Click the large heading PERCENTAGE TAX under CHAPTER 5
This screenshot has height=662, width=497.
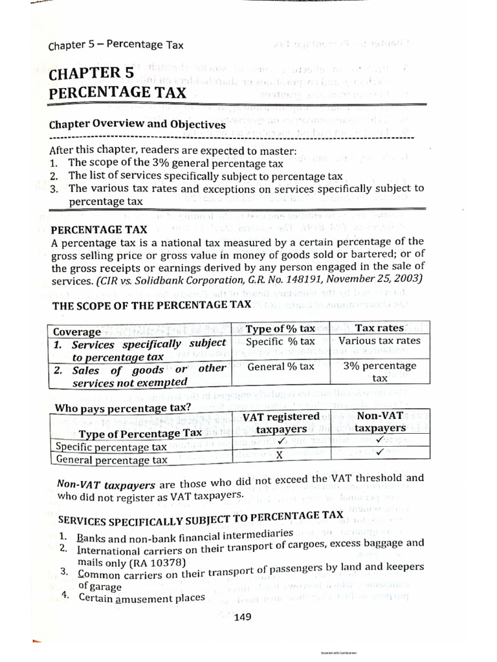point(117,92)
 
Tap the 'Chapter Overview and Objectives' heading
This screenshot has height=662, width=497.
point(137,124)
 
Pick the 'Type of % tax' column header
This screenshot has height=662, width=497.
point(280,329)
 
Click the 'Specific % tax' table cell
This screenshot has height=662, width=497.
point(280,341)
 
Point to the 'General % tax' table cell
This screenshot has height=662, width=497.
point(280,367)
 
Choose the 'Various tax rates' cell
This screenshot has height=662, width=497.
point(379,341)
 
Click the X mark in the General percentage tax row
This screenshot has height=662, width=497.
point(280,454)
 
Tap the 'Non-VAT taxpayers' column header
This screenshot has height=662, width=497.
point(379,422)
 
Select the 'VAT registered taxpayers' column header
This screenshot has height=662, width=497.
point(281,423)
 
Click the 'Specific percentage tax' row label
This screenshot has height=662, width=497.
point(111,446)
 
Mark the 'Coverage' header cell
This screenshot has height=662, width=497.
point(77,332)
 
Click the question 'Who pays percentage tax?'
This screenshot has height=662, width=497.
point(122,408)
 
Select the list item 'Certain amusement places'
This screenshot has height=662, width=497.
point(142,597)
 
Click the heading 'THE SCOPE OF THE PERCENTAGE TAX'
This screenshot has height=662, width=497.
point(151,305)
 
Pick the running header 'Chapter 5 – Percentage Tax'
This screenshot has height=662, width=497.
point(116,45)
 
